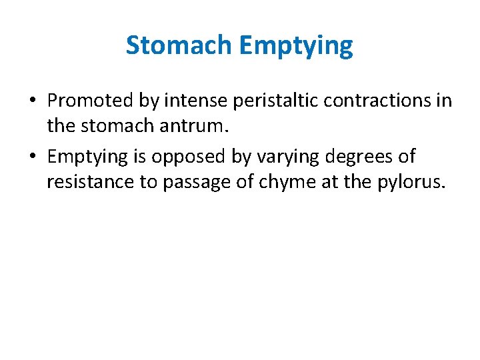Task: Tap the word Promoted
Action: click(90, 101)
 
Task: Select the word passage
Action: click(195, 182)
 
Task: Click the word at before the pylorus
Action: click(330, 182)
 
